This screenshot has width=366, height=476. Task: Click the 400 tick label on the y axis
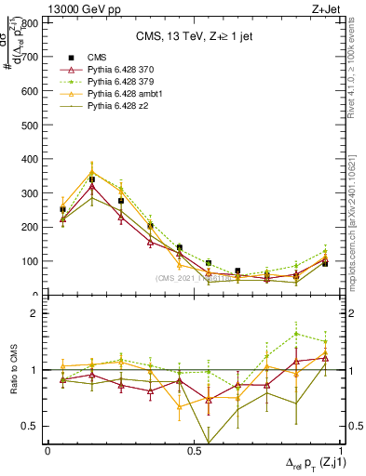31,159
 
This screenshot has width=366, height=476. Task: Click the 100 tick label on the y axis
31,261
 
